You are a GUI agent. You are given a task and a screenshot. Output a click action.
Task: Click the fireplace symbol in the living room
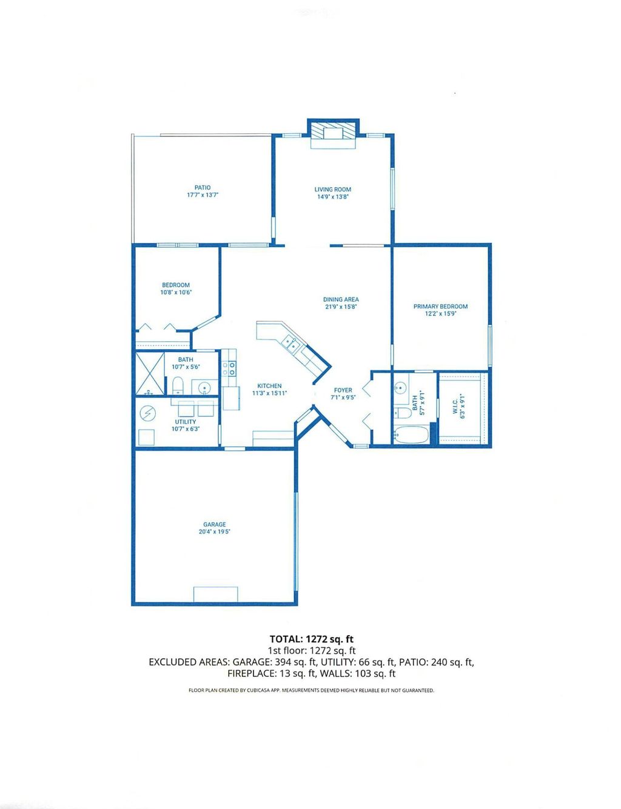click(333, 133)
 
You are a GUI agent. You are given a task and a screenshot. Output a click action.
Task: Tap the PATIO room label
click(203, 188)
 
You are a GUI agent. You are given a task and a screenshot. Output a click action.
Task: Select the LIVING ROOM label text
click(332, 189)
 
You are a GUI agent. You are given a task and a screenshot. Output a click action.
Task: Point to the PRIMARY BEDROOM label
click(440, 307)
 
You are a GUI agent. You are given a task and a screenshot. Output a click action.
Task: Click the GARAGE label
click(215, 525)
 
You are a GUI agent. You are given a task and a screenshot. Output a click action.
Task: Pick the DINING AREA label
click(341, 299)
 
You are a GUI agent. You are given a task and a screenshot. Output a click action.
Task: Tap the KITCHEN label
click(269, 386)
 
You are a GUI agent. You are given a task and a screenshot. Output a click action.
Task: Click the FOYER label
click(343, 390)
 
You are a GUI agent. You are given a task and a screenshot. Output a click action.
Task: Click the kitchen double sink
click(289, 344)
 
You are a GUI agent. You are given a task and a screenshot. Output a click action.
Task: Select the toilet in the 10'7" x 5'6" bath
click(178, 385)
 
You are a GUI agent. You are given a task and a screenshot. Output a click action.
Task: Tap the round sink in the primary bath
click(400, 389)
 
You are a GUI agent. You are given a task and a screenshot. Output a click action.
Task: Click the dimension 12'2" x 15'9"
click(440, 314)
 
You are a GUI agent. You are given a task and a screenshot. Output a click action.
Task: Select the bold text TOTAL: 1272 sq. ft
click(311, 639)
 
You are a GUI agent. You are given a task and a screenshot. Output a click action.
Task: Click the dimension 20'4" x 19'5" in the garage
click(215, 532)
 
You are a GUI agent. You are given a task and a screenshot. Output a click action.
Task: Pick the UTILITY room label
click(186, 422)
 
